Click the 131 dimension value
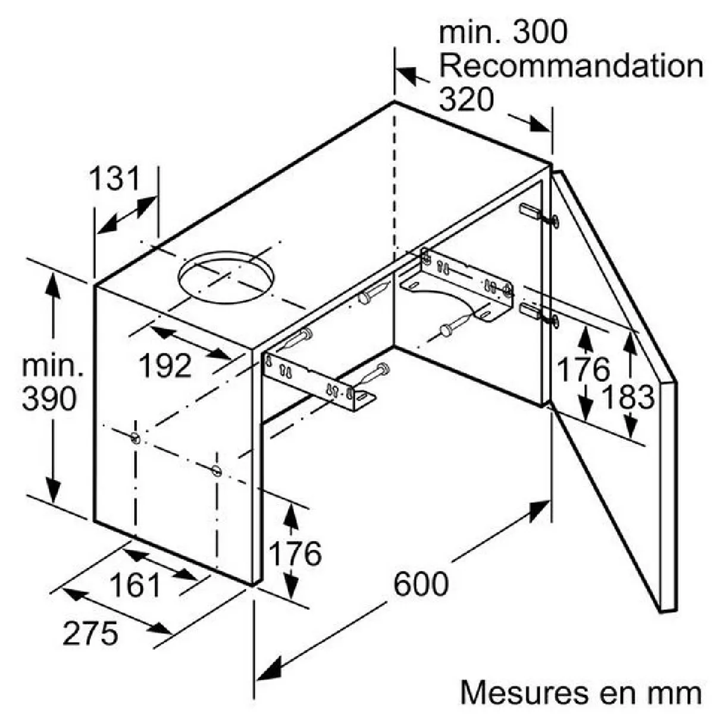click(114, 178)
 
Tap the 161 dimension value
click(135, 585)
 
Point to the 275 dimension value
click(90, 634)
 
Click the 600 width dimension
click(421, 584)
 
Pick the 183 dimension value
click(628, 397)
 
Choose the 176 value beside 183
click(583, 370)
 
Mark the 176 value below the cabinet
click(295, 554)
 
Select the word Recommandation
click(571, 65)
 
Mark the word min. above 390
click(52, 367)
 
